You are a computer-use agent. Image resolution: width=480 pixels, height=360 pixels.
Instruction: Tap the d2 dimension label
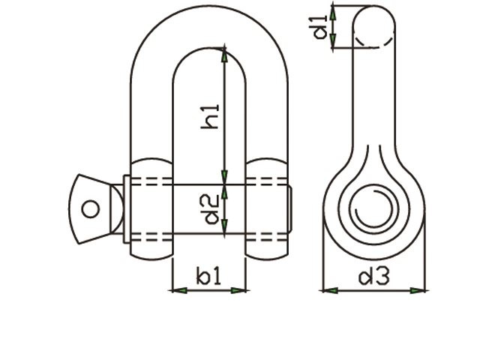pyautogui.click(x=212, y=208)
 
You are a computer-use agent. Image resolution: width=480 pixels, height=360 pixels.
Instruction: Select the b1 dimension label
pyautogui.click(x=208, y=277)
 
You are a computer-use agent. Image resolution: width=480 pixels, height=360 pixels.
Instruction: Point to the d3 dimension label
pyautogui.click(x=373, y=277)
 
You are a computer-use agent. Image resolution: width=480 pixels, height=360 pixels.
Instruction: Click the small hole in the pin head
pyautogui.click(x=91, y=208)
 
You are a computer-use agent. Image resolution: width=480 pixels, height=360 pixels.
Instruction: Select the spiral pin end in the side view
pyautogui.click(x=373, y=213)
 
